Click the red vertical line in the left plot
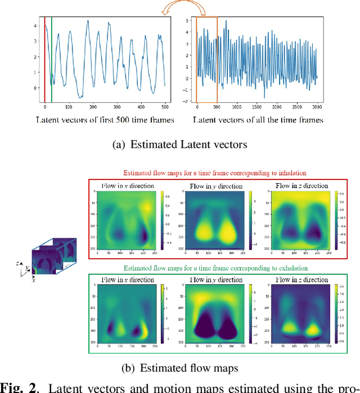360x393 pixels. click(x=44, y=56)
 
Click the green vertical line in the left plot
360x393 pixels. click(x=52, y=56)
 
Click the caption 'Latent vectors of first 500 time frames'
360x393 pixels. click(x=105, y=120)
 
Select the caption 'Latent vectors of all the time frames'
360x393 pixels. click(x=258, y=120)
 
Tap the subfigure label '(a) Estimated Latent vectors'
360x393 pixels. click(x=180, y=144)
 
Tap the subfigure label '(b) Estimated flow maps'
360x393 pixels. click(x=180, y=368)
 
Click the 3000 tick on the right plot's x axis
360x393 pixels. click(x=316, y=107)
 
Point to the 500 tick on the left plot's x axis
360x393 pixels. click(x=164, y=107)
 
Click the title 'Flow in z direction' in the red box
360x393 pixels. click(x=301, y=186)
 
